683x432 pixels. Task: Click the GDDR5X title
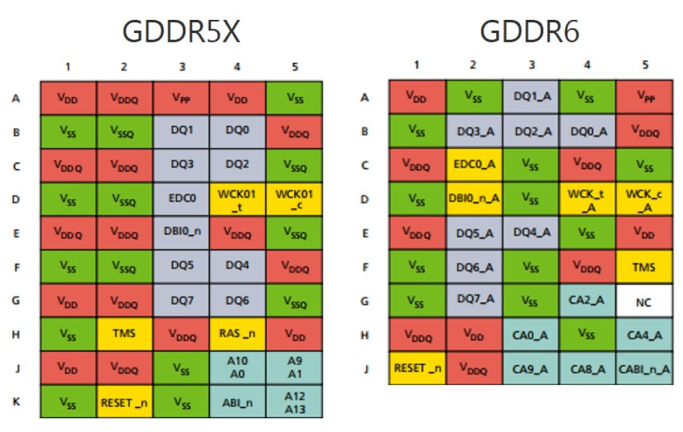[180, 31]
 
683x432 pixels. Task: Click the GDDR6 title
[529, 31]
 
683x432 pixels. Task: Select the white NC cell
[643, 302]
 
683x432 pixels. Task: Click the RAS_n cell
[237, 334]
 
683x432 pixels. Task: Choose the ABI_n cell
[237, 401]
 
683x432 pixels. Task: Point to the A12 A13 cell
[294, 401]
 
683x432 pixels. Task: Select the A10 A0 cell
[237, 368]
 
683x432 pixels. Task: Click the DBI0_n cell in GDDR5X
[181, 233]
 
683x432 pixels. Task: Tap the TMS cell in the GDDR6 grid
[643, 267]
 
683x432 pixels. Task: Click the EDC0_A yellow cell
[473, 164]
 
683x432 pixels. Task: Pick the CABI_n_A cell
[643, 368]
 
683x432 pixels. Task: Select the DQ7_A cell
[473, 299]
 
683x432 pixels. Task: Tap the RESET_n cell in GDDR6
[417, 368]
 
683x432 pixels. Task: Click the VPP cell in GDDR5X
[181, 98]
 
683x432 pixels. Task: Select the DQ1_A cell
[530, 97]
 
